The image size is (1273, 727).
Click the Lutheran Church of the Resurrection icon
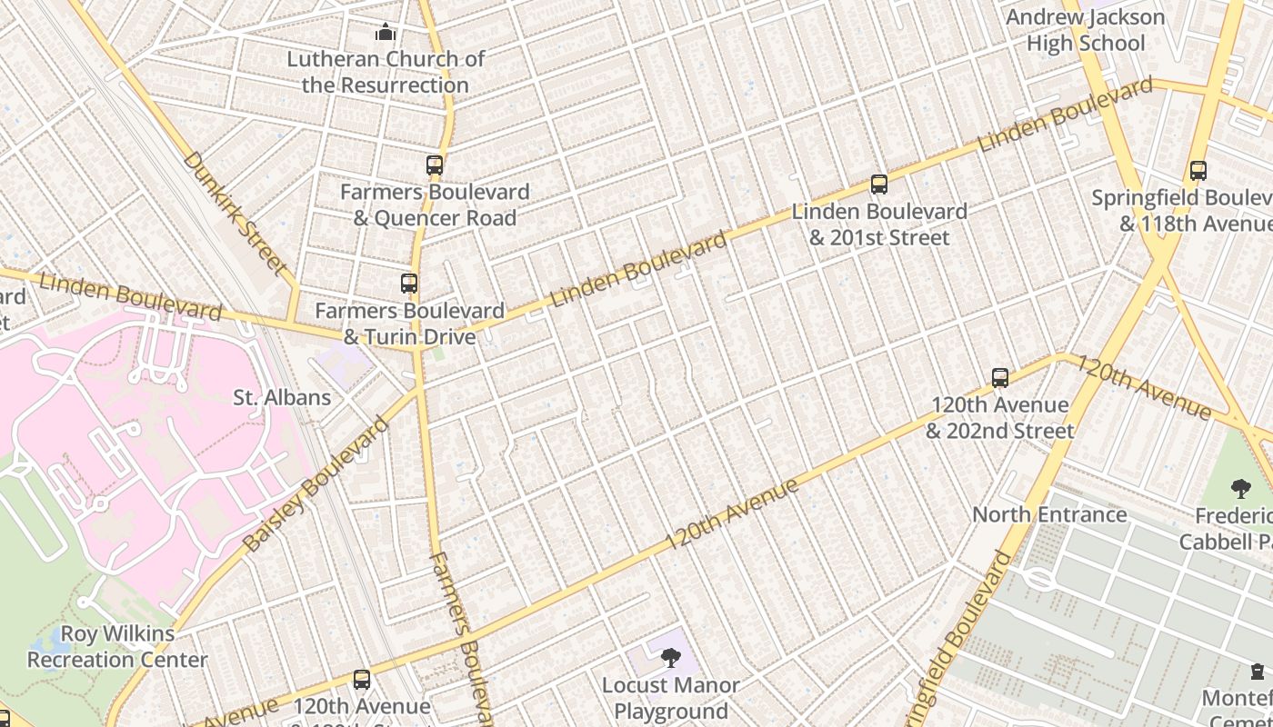[386, 33]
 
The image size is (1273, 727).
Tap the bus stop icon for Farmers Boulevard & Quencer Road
[435, 165]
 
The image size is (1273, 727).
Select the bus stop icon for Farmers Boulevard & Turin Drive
[409, 284]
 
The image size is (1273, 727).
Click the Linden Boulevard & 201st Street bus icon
[878, 184]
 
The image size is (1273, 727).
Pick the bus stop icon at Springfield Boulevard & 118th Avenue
[1198, 171]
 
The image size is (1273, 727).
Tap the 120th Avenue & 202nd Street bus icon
[1000, 378]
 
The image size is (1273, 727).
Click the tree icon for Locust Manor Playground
[671, 657]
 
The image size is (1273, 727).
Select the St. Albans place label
[282, 397]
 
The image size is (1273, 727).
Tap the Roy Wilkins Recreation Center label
[117, 646]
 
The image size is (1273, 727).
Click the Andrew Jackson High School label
[1086, 30]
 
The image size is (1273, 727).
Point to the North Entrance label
[1049, 514]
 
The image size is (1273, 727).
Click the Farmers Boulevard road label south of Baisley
[463, 636]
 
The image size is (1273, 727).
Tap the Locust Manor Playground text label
[671, 698]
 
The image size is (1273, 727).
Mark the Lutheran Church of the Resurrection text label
[386, 72]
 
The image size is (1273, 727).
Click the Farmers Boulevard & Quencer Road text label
[435, 204]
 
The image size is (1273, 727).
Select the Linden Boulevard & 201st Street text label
[878, 224]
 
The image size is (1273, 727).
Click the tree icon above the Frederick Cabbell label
[1240, 489]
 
